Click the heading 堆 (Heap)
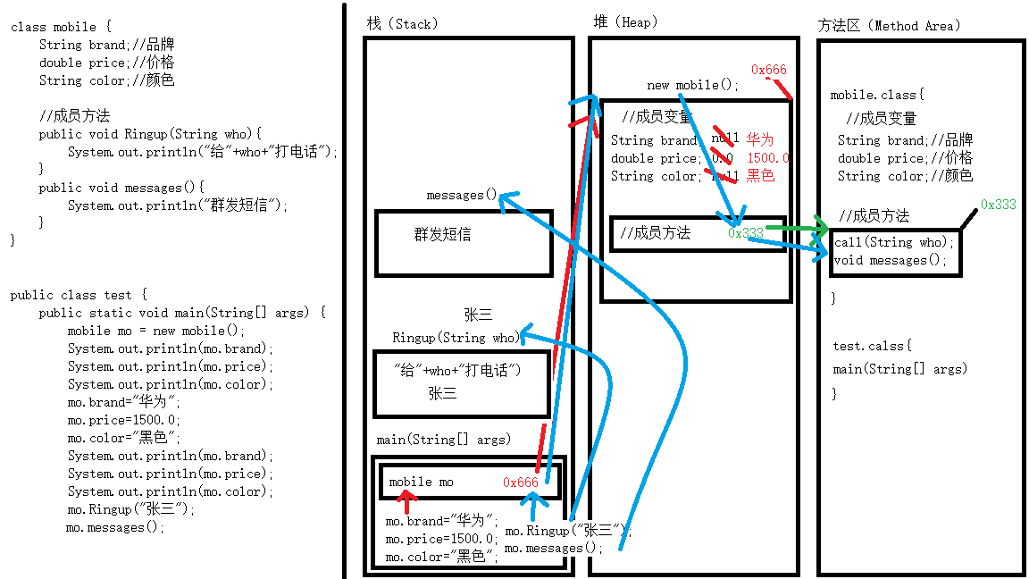click(x=624, y=21)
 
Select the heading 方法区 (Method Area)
click(x=889, y=25)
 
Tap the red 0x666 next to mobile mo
click(x=520, y=482)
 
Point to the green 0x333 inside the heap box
click(x=745, y=233)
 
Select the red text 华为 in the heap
click(x=759, y=139)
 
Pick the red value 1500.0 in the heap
click(x=768, y=158)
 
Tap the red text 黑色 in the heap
click(x=760, y=176)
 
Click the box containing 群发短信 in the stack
click(x=464, y=242)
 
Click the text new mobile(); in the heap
click(x=693, y=85)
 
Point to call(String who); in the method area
click(x=894, y=242)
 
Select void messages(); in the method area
click(x=890, y=260)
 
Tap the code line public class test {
click(x=78, y=295)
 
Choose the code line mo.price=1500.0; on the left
click(x=123, y=420)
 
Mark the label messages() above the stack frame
click(x=461, y=195)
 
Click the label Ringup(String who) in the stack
click(x=455, y=338)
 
